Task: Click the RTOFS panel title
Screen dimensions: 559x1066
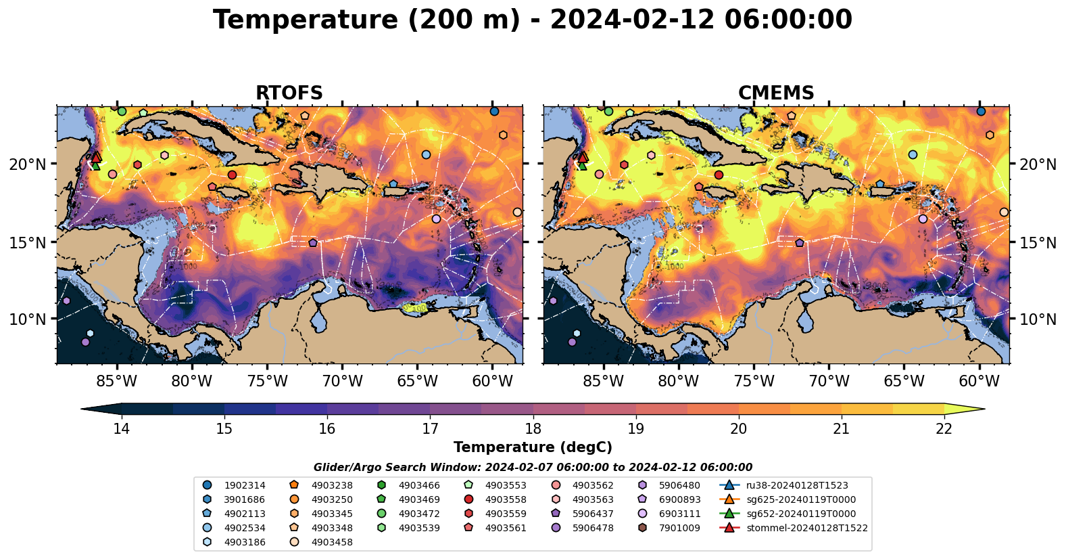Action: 289,93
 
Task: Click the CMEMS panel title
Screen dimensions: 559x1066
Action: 775,93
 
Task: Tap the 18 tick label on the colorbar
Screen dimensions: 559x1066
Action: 533,428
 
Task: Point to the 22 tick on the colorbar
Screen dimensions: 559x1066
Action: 944,428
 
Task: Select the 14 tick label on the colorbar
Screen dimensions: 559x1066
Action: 122,428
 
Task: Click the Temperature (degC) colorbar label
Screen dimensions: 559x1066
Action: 533,447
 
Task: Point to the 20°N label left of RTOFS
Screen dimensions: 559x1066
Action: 28,164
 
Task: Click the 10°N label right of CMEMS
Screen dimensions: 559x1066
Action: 1038,319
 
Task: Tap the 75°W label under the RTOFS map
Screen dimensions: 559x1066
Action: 267,382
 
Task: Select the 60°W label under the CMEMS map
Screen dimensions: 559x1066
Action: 979,382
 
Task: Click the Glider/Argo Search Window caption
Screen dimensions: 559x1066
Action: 533,468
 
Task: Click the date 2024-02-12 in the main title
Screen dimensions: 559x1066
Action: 631,20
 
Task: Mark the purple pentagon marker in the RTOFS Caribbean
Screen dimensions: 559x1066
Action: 313,243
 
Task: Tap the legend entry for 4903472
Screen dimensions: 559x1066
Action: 418,514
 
